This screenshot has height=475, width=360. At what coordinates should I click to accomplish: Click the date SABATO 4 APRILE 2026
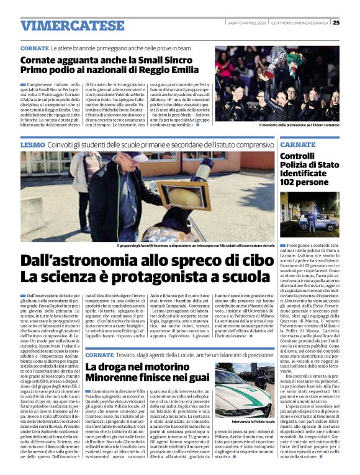click(x=245, y=23)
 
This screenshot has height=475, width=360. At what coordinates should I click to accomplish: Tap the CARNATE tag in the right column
click(x=298, y=144)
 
